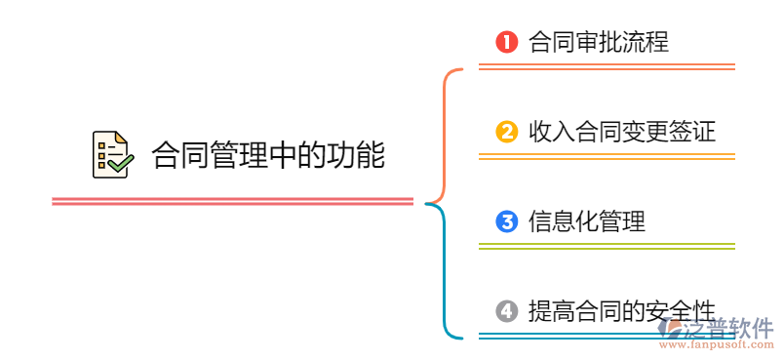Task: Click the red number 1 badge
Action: pyautogui.click(x=505, y=42)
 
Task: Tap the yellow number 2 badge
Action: pyautogui.click(x=505, y=132)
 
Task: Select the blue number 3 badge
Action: pyautogui.click(x=505, y=221)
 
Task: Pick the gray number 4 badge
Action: pyautogui.click(x=505, y=311)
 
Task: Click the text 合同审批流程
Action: pyautogui.click(x=598, y=42)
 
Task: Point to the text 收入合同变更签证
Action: pyautogui.click(x=621, y=132)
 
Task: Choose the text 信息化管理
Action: pyautogui.click(x=586, y=221)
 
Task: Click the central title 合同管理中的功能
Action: pyautogui.click(x=268, y=154)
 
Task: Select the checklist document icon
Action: pyautogui.click(x=111, y=154)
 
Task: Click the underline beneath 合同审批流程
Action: pyautogui.click(x=606, y=67)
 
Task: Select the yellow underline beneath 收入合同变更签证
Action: pyautogui.click(x=606, y=156)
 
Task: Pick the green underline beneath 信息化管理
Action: pyautogui.click(x=606, y=246)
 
